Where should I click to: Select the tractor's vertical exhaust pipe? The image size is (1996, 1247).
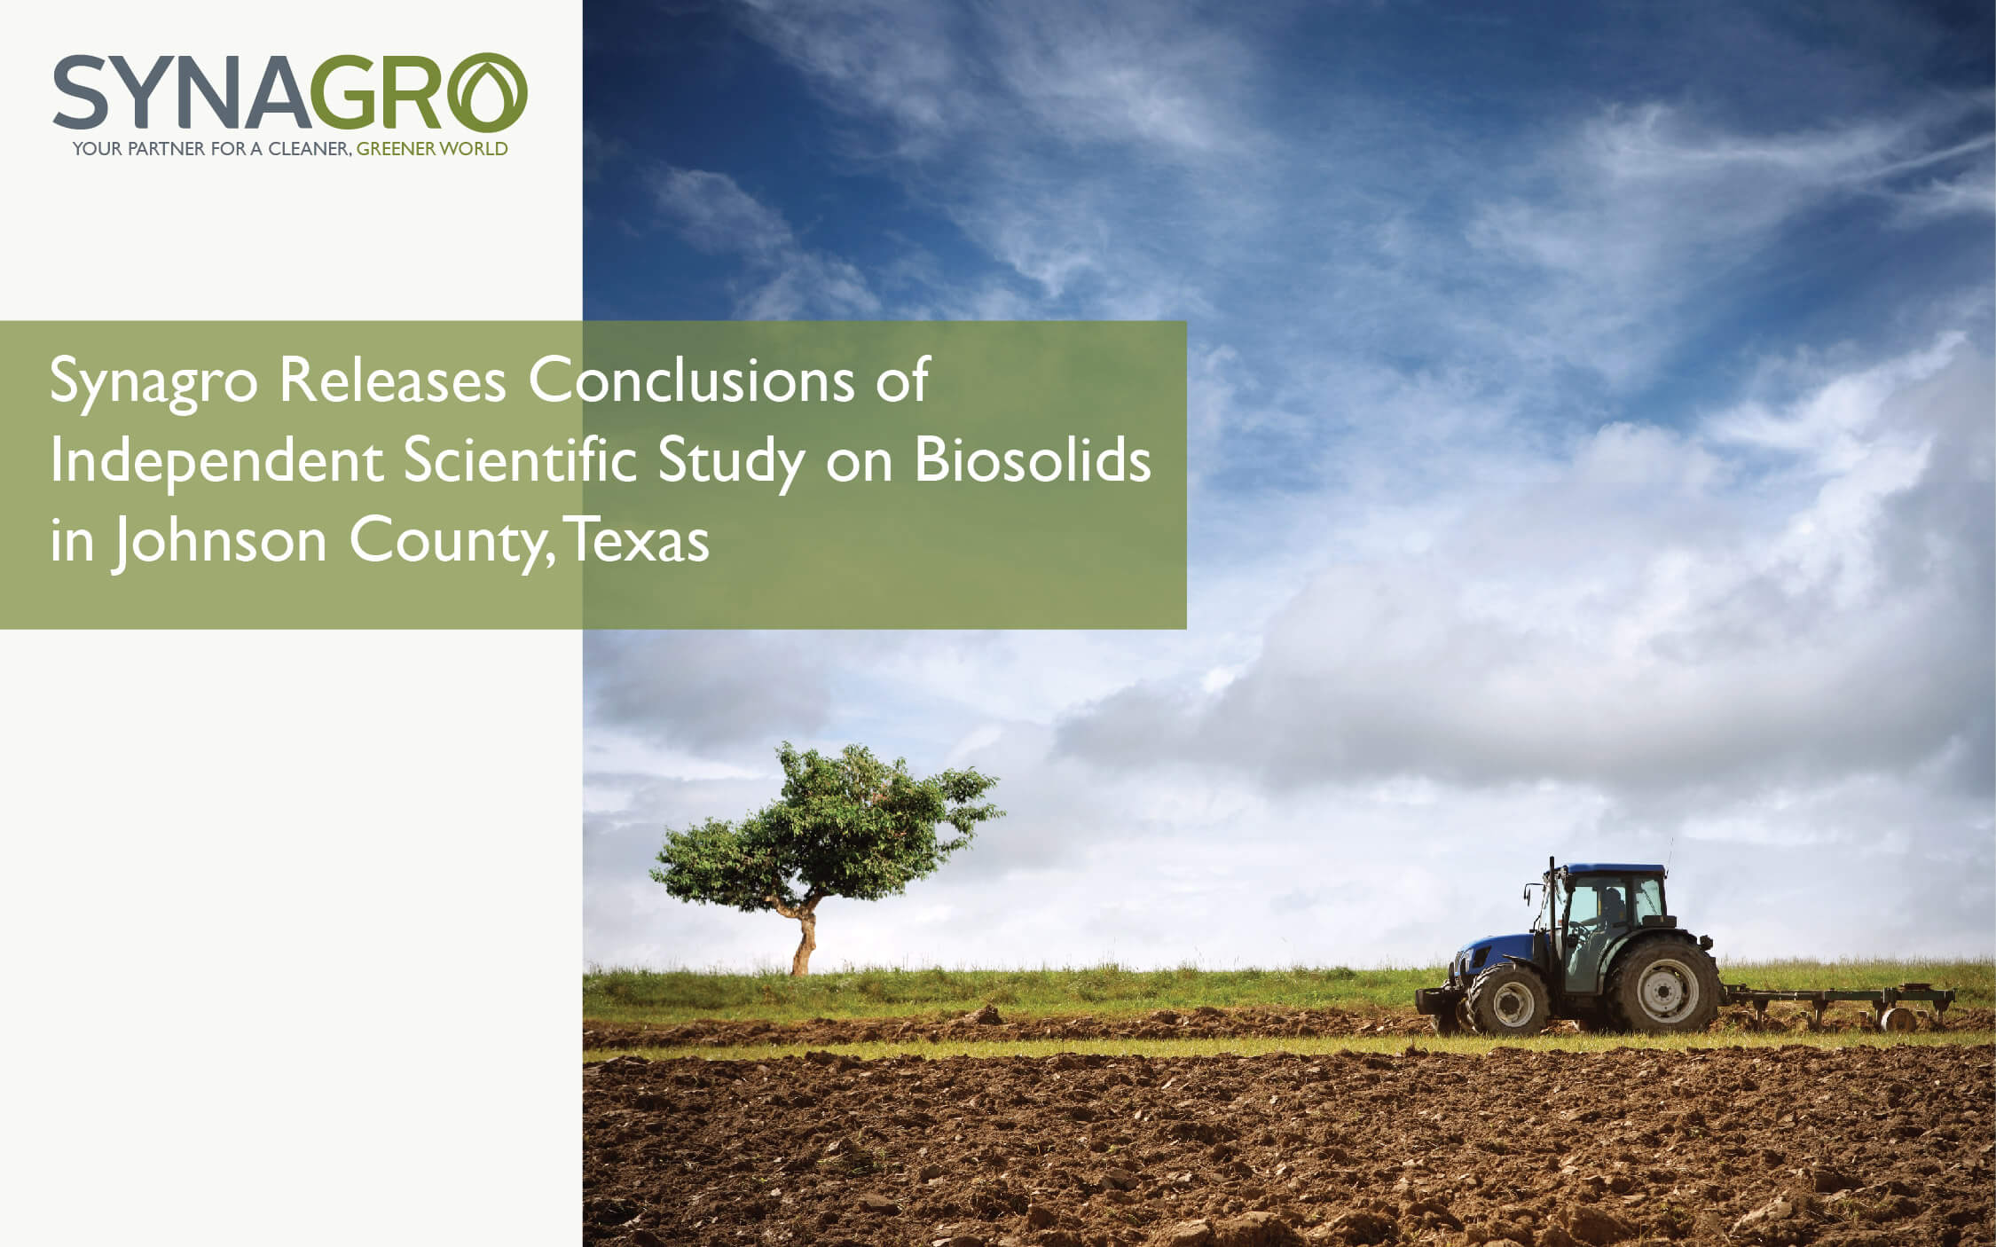[x=1552, y=896]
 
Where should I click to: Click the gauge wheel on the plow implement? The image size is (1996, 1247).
[x=1899, y=1019]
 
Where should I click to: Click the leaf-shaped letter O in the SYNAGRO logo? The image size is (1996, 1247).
[x=487, y=92]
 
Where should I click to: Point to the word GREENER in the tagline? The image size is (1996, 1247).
[x=396, y=149]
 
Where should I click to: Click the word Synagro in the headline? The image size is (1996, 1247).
[x=153, y=382]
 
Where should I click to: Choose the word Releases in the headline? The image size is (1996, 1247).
[x=392, y=380]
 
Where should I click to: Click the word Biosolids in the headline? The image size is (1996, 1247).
[x=1032, y=460]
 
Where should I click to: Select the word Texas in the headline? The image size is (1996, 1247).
[x=638, y=540]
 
